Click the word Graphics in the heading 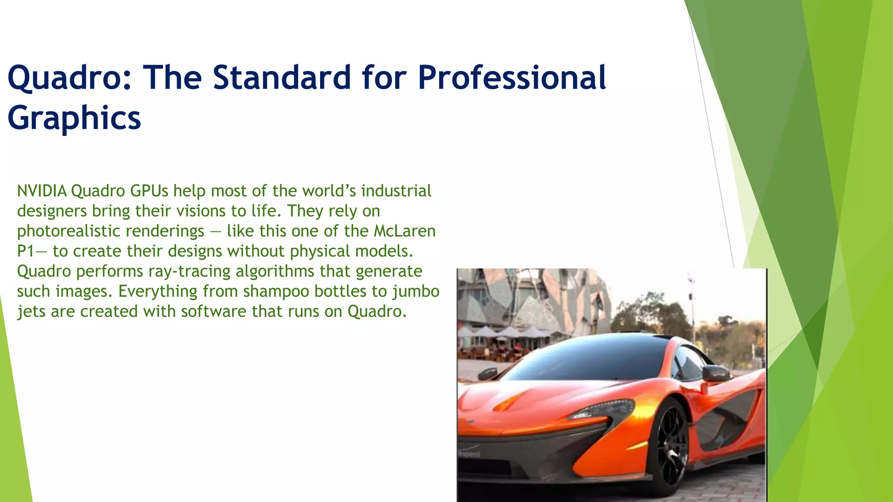[74, 119]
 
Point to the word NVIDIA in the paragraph [42, 191]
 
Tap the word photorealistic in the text [110, 231]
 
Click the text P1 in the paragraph [25, 251]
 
